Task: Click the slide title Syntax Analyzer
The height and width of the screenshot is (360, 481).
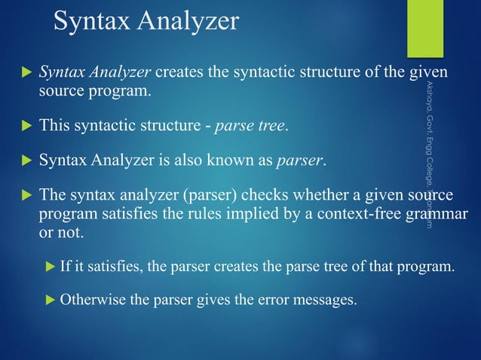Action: (x=145, y=21)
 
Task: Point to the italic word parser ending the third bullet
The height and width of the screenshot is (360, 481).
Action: (x=299, y=160)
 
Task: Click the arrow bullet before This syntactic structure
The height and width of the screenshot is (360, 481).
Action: (x=25, y=124)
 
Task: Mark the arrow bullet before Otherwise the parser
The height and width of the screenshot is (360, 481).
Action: (x=50, y=302)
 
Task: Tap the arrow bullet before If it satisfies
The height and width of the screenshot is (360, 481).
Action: (x=50, y=266)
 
